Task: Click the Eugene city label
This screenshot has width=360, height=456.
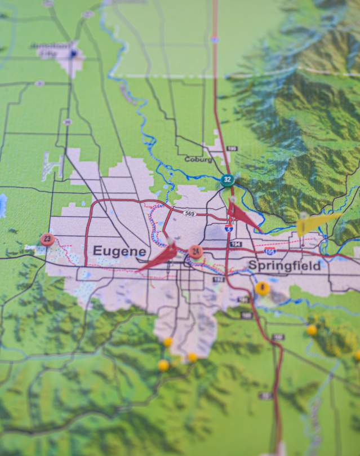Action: point(119,251)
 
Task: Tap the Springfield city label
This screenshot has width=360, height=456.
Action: point(284,265)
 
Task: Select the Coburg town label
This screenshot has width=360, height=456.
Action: point(198,160)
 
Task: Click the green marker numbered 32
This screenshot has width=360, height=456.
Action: point(227,180)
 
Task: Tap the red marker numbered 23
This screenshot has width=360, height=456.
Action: point(47,240)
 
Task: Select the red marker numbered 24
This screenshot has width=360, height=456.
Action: point(195,251)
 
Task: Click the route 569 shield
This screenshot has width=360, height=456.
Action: point(190,212)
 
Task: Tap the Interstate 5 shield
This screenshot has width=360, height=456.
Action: point(228,228)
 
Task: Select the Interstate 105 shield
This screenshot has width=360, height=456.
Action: point(270,251)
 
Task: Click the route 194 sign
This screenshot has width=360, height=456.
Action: point(235,244)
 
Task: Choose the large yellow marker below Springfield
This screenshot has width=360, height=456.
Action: point(262,289)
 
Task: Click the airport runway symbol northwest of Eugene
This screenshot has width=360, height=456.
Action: point(51,166)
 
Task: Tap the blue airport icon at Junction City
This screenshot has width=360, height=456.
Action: point(73,54)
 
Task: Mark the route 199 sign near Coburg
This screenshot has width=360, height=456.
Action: point(232,148)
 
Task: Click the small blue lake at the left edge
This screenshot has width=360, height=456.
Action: point(2,206)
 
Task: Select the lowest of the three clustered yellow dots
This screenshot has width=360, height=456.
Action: point(163,366)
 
